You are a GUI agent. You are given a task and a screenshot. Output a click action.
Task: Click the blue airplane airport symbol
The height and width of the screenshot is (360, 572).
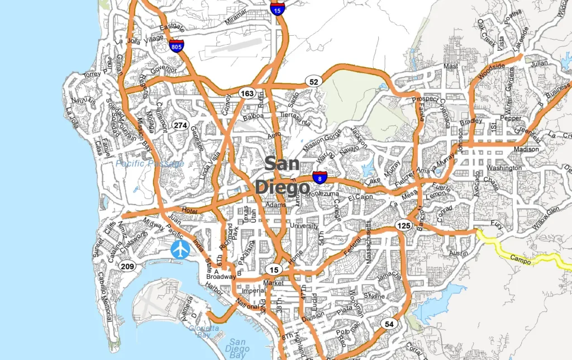pyautogui.click(x=180, y=249)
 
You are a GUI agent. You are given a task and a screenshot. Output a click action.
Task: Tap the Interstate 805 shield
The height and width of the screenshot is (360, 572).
pyautogui.click(x=177, y=45)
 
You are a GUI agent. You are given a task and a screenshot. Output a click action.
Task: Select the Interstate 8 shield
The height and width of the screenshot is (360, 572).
pyautogui.click(x=320, y=178)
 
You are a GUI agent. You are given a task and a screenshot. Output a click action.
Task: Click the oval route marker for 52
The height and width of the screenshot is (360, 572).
pyautogui.click(x=314, y=82)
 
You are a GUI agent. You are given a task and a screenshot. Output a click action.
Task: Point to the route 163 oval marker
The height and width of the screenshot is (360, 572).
pyautogui.click(x=247, y=93)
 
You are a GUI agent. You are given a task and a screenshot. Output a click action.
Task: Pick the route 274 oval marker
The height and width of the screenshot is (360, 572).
pyautogui.click(x=180, y=125)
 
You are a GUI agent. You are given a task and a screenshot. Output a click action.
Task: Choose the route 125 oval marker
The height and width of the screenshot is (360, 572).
pyautogui.click(x=403, y=225)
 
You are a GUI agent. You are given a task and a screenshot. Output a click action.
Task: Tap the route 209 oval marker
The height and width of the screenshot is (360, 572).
pyautogui.click(x=127, y=267)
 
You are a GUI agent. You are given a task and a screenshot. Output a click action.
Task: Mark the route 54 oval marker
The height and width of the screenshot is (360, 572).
pyautogui.click(x=389, y=324)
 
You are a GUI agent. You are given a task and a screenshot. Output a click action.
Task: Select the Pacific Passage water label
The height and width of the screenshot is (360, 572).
pyautogui.click(x=150, y=164)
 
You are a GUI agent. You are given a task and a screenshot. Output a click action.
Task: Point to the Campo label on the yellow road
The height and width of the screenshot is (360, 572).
pyautogui.click(x=521, y=259)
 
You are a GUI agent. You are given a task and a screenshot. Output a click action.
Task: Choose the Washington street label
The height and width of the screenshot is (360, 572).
pyautogui.click(x=504, y=168)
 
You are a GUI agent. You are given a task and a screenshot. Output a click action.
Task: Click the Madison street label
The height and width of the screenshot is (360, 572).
pyautogui.click(x=526, y=149)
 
